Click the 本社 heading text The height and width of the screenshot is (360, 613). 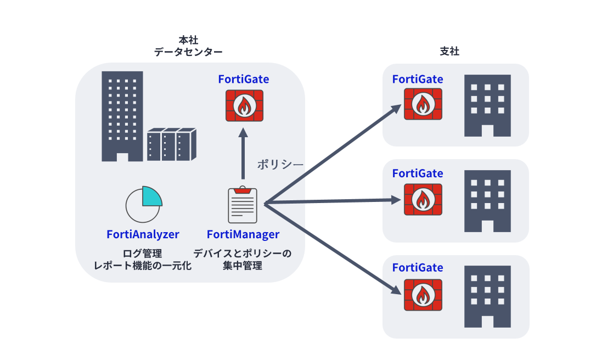pos(188,40)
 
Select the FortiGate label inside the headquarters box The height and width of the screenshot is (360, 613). pos(244,79)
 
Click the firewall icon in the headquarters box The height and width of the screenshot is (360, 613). pos(244,105)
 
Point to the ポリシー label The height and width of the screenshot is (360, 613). pos(280,164)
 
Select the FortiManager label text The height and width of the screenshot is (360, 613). pos(243,234)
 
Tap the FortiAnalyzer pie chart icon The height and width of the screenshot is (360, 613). pos(143,204)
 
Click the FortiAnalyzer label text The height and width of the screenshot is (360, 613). pos(143,234)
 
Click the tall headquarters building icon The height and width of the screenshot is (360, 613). pos(122,115)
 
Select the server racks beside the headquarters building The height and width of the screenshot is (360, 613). pos(171,144)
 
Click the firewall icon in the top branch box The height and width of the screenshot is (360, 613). pos(423,104)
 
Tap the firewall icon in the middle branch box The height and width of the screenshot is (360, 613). pos(423,199)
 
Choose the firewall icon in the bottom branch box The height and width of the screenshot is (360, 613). pos(423,295)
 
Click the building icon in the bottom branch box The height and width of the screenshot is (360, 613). pos(487,296)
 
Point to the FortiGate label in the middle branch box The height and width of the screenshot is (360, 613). pos(418,173)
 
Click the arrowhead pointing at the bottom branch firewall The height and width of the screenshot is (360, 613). pos(399,290)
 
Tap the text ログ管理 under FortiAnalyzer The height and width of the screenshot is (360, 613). pos(143,254)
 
